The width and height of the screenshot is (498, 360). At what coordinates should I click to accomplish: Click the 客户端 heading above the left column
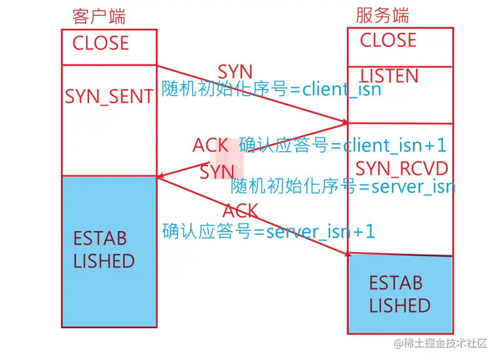coord(99,16)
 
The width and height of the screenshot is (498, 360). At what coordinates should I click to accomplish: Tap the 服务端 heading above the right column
coord(383,15)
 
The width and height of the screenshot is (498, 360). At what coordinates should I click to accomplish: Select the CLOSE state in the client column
coord(100,43)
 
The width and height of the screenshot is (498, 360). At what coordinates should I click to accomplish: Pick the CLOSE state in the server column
coord(388,40)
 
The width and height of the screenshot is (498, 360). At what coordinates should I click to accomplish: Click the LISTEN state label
coord(389,76)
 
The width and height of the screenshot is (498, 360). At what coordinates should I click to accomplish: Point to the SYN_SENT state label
coord(109,97)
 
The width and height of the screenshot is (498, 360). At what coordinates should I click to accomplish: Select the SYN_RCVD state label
coord(402,169)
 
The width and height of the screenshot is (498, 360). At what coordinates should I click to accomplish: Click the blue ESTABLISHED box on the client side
coord(109,251)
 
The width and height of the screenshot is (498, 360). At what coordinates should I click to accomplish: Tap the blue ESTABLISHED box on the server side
coord(400,295)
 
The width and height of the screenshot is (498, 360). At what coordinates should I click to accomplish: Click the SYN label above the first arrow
coord(235,72)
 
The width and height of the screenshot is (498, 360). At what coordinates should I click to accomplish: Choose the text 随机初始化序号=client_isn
coord(271,90)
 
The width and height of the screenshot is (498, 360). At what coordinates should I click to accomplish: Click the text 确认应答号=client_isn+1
coord(343,145)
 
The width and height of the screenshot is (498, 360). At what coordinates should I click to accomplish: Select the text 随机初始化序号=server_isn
coord(343,186)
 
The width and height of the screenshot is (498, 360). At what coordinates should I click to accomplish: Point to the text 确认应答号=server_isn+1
coord(268,231)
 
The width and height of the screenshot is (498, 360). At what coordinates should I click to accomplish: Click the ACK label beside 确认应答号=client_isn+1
coord(210,145)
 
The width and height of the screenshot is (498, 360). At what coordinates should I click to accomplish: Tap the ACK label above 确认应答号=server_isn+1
coord(240,210)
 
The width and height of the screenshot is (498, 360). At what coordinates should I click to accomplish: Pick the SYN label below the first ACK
coord(217,172)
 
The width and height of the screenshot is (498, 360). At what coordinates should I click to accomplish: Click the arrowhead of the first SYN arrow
coord(345,123)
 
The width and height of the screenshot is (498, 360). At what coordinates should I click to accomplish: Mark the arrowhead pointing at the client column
coord(159,176)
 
